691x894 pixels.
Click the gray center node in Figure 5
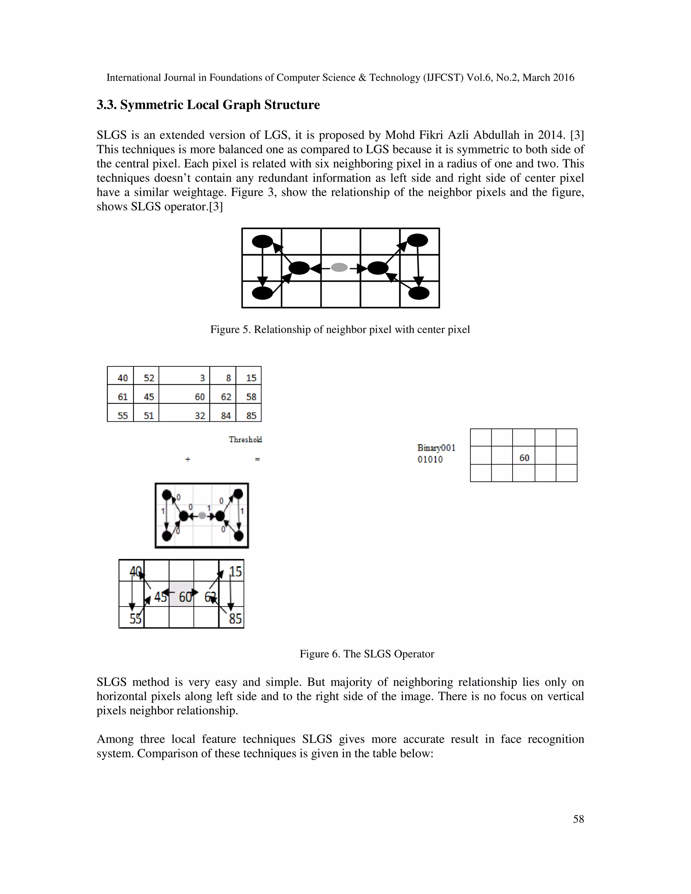coord(339,268)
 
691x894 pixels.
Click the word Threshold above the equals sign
coord(245,439)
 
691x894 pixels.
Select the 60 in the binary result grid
coord(524,458)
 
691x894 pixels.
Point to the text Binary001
coord(436,448)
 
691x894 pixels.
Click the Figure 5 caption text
coord(340,330)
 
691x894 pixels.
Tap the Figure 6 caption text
coord(367,654)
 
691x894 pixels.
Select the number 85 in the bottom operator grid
coord(236,618)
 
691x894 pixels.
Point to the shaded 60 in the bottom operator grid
coord(185,597)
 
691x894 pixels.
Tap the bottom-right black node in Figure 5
coord(419,293)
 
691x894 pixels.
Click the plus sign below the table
coord(188,459)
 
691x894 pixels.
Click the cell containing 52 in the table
coord(148,378)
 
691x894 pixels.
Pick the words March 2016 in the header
coord(548,77)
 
